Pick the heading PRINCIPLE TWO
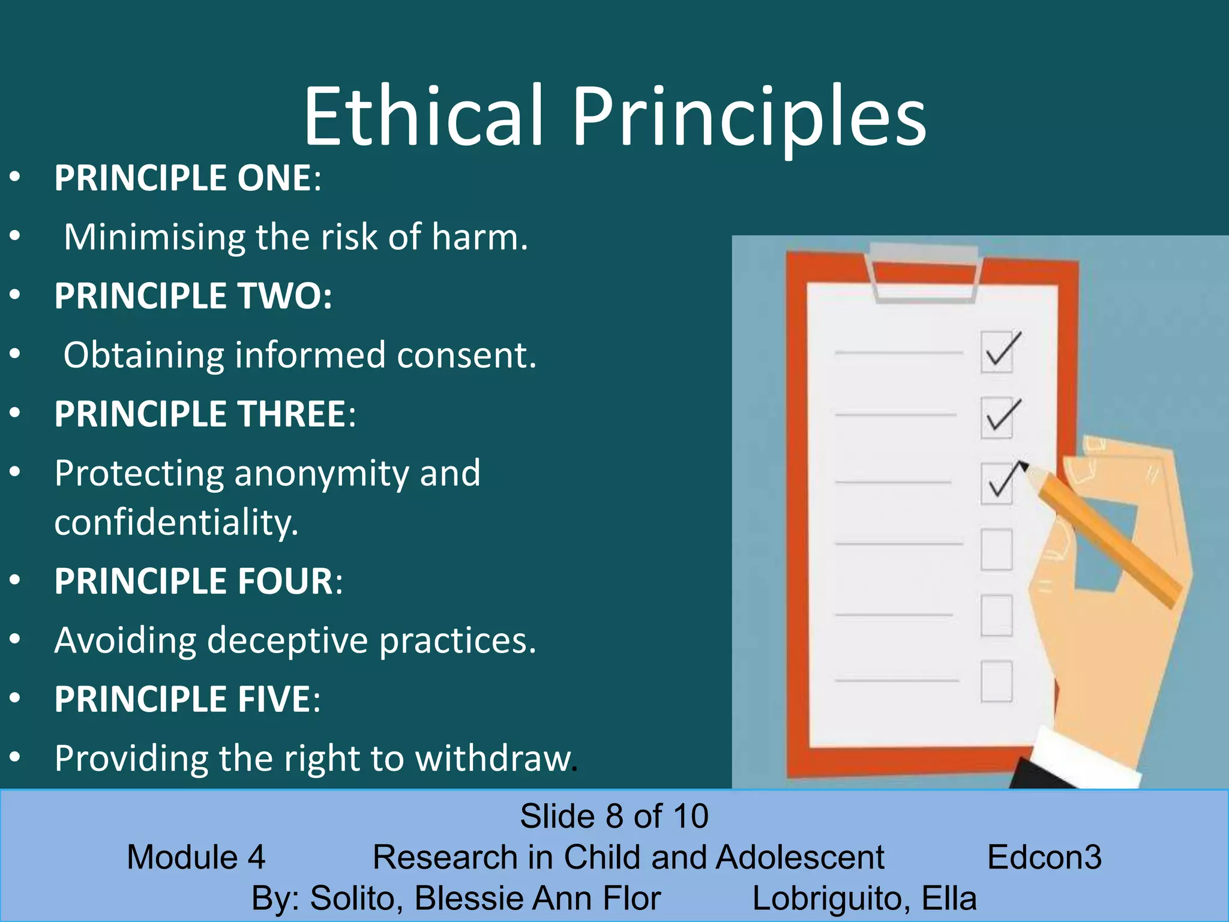193,296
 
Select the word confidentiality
176,522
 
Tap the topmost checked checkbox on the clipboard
997,352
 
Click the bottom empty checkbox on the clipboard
996,681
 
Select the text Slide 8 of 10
614,816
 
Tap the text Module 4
196,857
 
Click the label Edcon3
1044,857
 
